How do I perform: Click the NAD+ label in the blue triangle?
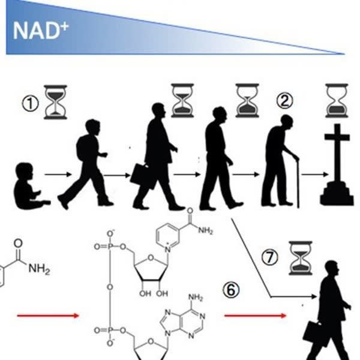(x=41, y=31)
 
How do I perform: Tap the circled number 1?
(x=31, y=104)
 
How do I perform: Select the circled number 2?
(x=284, y=101)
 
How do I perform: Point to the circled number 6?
(x=231, y=290)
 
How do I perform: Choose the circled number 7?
(x=270, y=257)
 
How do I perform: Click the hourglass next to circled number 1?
(x=55, y=102)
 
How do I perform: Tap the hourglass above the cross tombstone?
(x=337, y=101)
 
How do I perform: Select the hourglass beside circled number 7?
(x=301, y=258)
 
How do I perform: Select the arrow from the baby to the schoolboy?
(x=58, y=175)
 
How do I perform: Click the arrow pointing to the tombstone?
(x=315, y=175)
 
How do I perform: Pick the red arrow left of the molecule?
(x=48, y=316)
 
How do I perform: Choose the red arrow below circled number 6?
(x=256, y=316)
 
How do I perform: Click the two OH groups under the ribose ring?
(x=154, y=293)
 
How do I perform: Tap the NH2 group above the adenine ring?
(x=196, y=298)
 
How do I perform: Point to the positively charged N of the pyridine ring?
(x=168, y=249)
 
